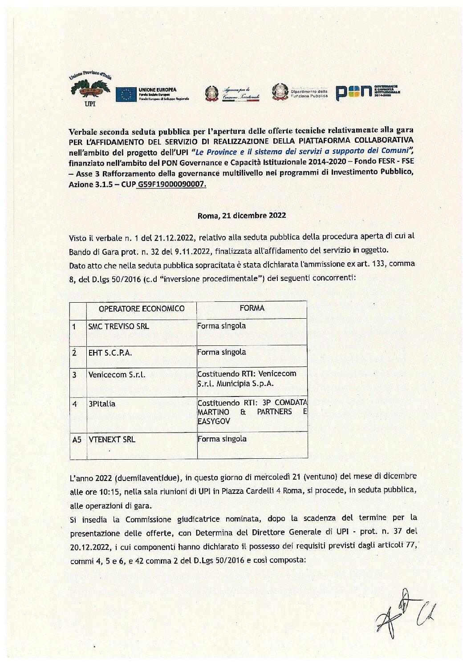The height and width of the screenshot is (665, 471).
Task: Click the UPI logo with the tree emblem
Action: coord(89,89)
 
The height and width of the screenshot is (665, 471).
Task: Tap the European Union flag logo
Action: coord(126,94)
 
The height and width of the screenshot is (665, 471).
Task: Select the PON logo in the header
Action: coord(353,92)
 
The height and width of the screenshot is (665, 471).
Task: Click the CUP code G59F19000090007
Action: coord(172,184)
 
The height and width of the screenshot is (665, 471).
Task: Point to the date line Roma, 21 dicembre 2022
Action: coord(242,216)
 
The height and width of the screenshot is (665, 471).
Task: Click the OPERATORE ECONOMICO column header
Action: coord(142,308)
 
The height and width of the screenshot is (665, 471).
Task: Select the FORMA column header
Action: coord(252,308)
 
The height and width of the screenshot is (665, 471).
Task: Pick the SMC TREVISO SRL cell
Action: coord(118,326)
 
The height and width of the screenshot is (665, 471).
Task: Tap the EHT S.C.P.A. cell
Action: coord(110,353)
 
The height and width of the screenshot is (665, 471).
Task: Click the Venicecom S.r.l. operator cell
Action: coord(117,375)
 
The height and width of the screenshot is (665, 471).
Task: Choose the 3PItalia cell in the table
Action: coord(102,404)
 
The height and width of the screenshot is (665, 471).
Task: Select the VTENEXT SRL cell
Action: coord(112,440)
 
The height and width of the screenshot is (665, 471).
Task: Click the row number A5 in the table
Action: coord(77,440)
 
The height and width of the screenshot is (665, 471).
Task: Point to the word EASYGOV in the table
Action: coord(214,421)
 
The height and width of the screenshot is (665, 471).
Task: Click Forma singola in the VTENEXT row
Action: coord(222,439)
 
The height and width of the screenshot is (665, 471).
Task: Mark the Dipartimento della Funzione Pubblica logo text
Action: coord(309,94)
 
